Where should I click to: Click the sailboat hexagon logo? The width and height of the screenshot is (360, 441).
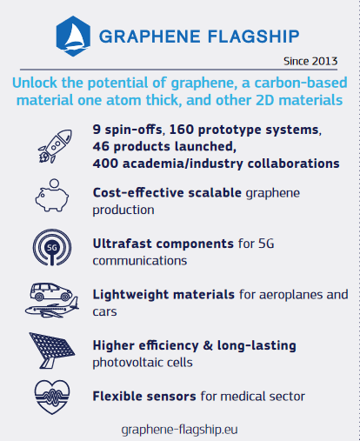click(73, 36)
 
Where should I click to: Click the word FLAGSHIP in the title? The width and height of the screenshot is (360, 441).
click(254, 37)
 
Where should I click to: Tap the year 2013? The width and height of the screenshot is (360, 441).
click(324, 61)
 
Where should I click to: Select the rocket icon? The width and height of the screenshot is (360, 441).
click(55, 146)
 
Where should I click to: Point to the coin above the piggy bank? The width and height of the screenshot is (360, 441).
click(54, 184)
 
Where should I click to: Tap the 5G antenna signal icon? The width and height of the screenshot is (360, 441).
click(52, 247)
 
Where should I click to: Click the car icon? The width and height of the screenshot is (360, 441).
click(51, 291)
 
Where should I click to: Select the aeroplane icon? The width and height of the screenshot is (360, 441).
click(52, 308)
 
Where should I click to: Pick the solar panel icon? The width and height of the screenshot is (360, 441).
click(52, 351)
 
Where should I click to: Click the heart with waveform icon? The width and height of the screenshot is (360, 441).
click(52, 397)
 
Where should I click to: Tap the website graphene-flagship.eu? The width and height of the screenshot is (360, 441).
click(180, 430)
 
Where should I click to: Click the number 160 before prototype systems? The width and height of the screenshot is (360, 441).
click(182, 130)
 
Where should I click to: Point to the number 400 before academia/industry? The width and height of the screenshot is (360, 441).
click(105, 164)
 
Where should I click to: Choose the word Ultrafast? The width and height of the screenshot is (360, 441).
click(123, 244)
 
